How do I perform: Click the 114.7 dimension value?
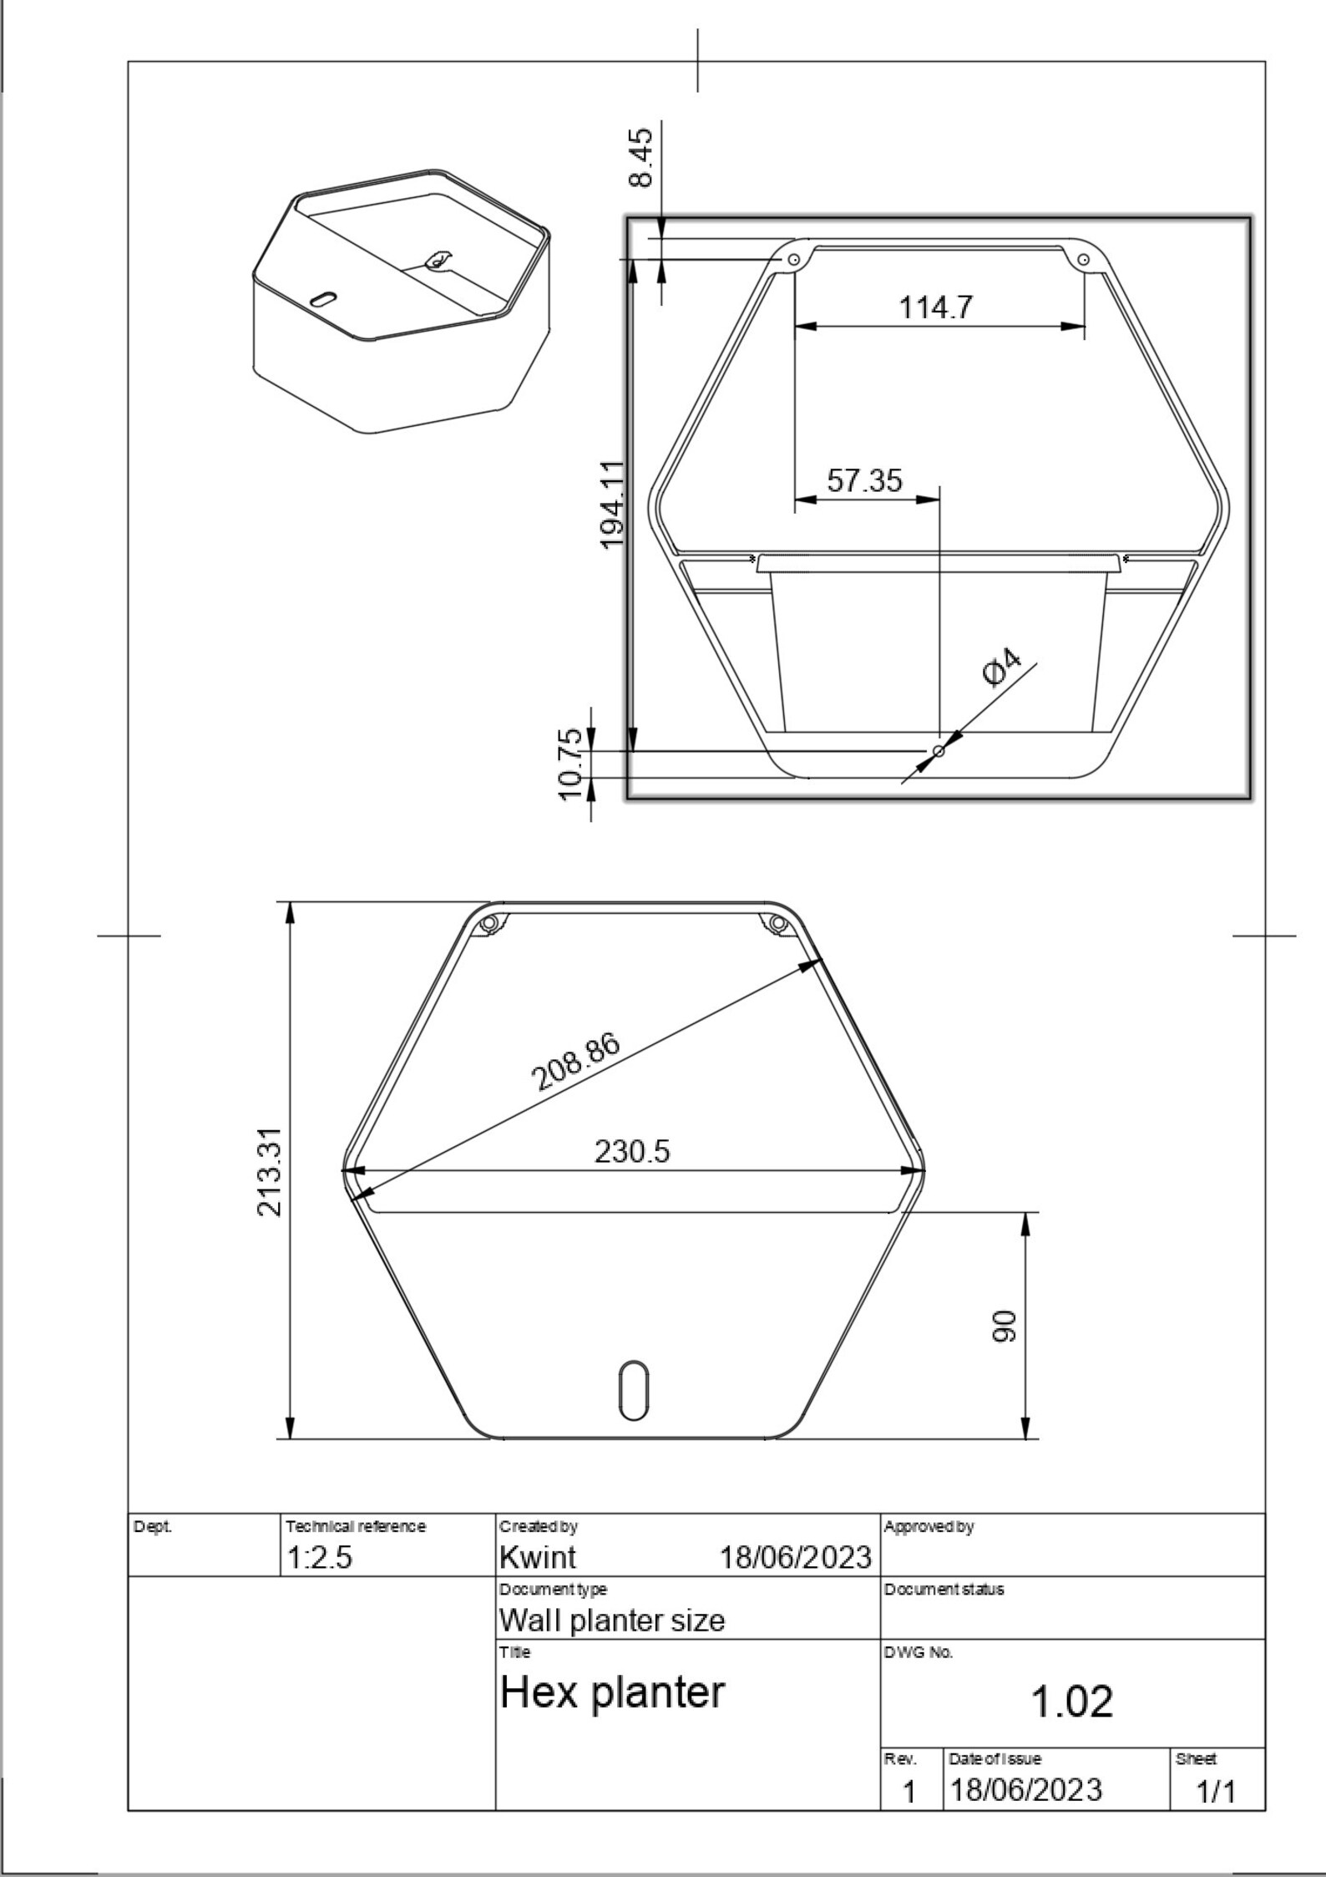tap(935, 307)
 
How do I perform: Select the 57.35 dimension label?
tap(864, 480)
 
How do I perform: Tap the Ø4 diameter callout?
tap(1002, 666)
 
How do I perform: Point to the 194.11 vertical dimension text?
tap(614, 505)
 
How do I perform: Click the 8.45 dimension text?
tap(642, 158)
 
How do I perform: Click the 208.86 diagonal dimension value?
tap(576, 1063)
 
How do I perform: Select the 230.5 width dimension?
tap(632, 1152)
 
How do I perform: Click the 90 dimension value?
tap(1005, 1326)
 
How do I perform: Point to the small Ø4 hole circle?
tap(939, 751)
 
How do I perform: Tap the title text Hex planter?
tap(612, 1692)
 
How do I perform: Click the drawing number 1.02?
tap(1072, 1702)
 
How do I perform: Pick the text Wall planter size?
tap(612, 1621)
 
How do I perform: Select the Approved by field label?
tap(929, 1527)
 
